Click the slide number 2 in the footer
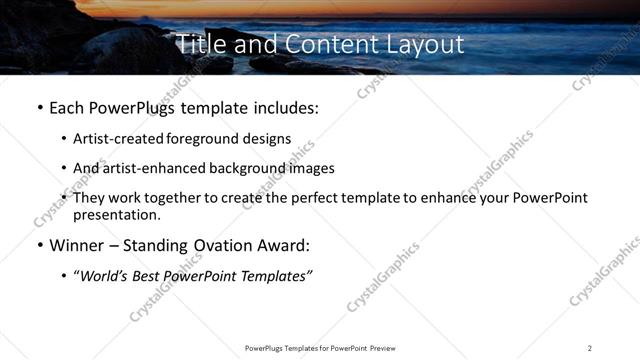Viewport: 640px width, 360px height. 590,348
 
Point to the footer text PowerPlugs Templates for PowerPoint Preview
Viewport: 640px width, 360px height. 320,348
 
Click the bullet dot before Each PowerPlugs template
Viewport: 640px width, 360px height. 39,106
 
